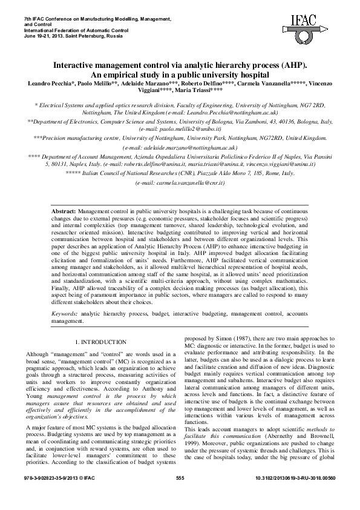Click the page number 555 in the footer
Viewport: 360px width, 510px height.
click(180, 495)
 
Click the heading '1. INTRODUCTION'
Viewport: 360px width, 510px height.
click(100, 342)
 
